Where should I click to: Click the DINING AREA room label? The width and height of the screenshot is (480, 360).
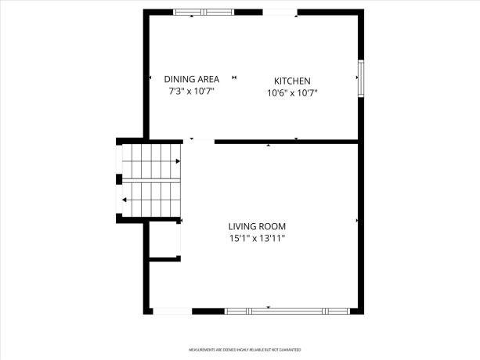pyautogui.click(x=191, y=80)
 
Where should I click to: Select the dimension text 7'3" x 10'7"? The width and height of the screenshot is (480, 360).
pyautogui.click(x=191, y=92)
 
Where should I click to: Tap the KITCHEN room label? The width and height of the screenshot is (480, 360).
pyautogui.click(x=292, y=81)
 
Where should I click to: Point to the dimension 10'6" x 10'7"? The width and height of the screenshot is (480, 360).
pyautogui.click(x=292, y=92)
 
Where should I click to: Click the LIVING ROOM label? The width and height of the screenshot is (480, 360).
pyautogui.click(x=257, y=226)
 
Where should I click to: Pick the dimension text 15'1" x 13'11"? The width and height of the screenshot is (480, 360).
pyautogui.click(x=257, y=238)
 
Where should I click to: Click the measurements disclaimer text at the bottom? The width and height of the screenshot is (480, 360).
pyautogui.click(x=244, y=350)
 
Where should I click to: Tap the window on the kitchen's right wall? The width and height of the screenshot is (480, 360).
pyautogui.click(x=360, y=77)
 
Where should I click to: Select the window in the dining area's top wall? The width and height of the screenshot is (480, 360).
pyautogui.click(x=202, y=12)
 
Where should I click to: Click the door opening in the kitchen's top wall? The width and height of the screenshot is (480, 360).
pyautogui.click(x=280, y=12)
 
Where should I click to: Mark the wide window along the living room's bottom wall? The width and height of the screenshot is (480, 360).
pyautogui.click(x=286, y=311)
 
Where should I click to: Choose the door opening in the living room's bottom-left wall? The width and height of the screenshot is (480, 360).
pyautogui.click(x=171, y=311)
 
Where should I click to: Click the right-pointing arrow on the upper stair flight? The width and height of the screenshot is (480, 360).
pyautogui.click(x=178, y=161)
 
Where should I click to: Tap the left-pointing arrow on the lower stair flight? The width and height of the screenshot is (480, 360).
pyautogui.click(x=125, y=200)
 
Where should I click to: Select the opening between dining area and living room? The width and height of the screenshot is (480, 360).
pyautogui.click(x=199, y=142)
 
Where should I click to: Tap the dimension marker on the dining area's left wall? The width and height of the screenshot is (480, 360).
pyautogui.click(x=150, y=77)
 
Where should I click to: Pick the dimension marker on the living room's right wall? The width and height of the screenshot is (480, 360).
pyautogui.click(x=356, y=221)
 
